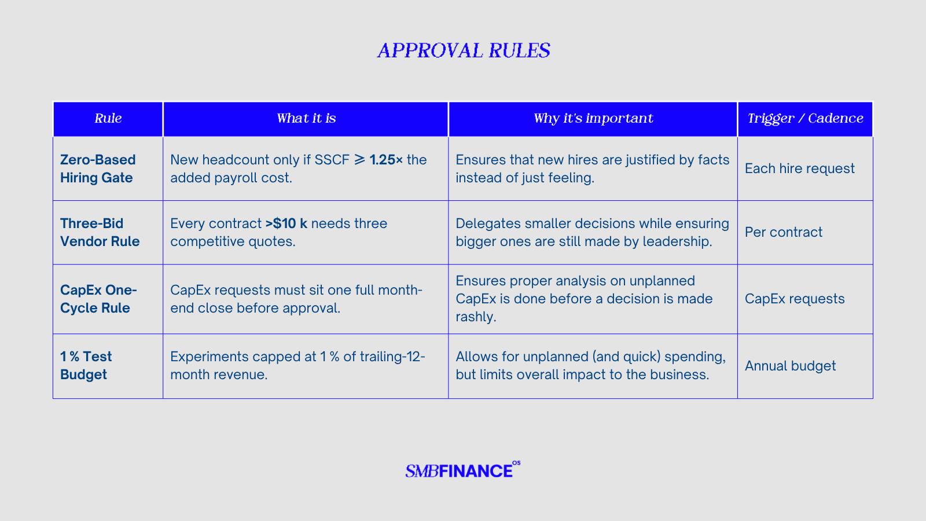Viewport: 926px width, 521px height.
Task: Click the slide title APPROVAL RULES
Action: pos(464,50)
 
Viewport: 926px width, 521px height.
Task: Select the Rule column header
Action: pos(108,118)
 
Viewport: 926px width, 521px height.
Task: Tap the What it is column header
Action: pos(306,118)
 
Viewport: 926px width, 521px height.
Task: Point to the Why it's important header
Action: pos(593,118)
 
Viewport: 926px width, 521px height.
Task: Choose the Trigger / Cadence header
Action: pos(805,118)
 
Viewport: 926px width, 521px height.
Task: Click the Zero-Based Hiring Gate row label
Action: pos(98,168)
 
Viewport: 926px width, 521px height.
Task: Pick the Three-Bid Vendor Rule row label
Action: pos(100,232)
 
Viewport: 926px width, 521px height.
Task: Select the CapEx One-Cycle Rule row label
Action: pos(98,299)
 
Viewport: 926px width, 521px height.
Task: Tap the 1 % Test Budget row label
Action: pos(86,365)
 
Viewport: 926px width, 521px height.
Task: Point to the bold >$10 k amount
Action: pos(286,223)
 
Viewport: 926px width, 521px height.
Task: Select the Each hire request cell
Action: pos(799,168)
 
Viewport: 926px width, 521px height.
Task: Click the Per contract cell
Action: pos(784,232)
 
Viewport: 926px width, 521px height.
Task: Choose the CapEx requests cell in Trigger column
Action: pos(795,299)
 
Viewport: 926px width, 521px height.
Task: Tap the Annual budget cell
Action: pos(790,366)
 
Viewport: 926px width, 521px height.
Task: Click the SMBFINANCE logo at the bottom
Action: pos(462,469)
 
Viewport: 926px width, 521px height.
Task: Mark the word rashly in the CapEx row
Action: pos(476,317)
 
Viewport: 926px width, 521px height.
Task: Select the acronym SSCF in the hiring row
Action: pos(332,160)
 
